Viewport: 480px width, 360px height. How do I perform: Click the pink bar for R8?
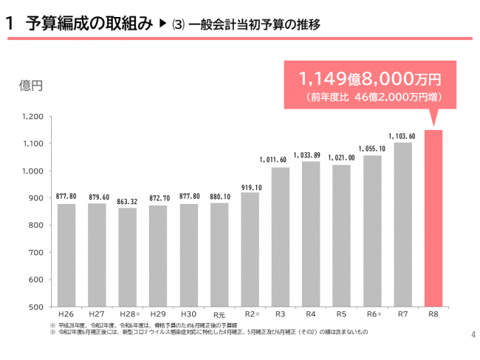point(433,218)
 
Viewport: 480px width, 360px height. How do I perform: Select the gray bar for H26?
point(66,255)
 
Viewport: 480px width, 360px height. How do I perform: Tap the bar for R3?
point(281,237)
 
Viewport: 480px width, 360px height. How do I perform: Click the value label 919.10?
point(250,187)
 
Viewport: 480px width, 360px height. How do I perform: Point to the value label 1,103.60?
point(402,136)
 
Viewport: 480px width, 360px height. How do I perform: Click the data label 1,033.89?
point(311,155)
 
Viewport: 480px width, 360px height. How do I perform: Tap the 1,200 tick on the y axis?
point(32,117)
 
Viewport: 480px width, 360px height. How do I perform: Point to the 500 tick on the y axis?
point(36,307)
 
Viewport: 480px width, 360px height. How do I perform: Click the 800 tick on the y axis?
point(36,225)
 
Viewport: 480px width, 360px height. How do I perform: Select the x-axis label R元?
point(219,315)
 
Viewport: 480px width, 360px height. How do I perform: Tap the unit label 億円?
point(30,86)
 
